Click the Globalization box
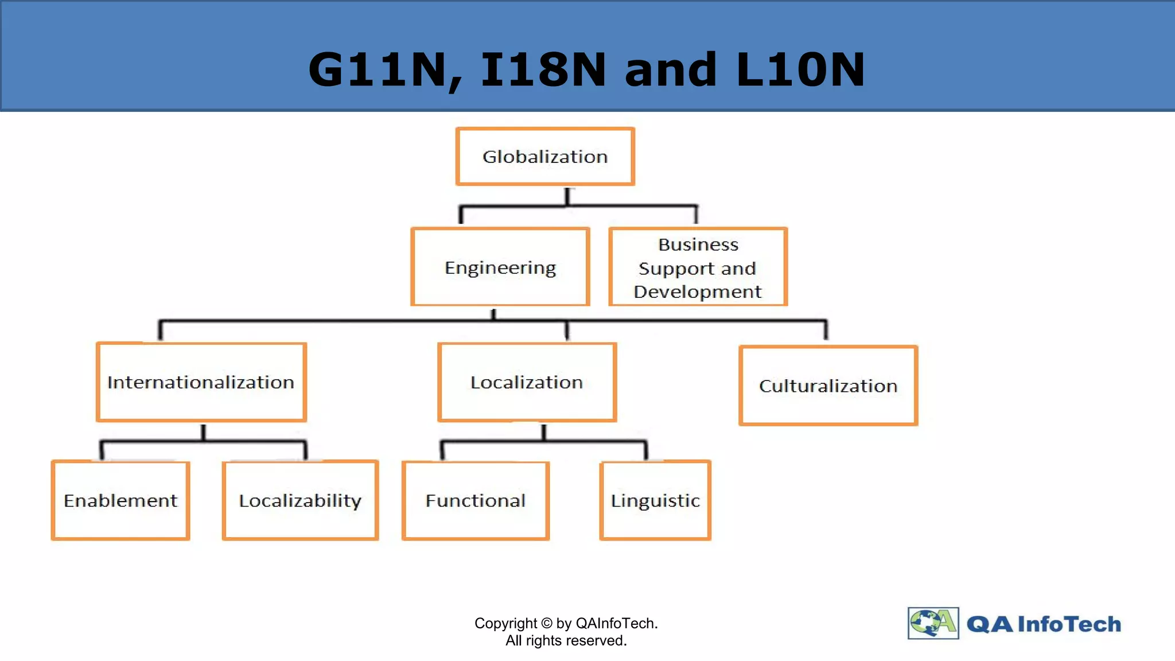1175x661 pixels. point(545,157)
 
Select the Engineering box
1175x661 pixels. point(500,267)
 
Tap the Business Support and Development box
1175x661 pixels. point(698,267)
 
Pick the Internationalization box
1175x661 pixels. point(201,382)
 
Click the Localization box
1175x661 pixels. point(527,382)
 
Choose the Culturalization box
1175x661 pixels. point(828,386)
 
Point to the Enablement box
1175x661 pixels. point(120,500)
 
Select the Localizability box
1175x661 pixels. point(300,500)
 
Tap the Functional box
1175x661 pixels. point(476,500)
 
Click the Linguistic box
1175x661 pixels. point(655,500)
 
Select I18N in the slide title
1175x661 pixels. point(543,70)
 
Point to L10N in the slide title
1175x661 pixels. point(800,70)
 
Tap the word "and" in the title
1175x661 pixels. point(671,70)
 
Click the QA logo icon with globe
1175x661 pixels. point(933,623)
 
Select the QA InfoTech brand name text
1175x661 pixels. point(1044,624)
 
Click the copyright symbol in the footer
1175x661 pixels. point(547,623)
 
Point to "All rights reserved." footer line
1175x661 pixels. point(566,640)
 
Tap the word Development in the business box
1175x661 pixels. point(698,291)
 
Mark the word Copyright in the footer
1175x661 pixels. point(505,623)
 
